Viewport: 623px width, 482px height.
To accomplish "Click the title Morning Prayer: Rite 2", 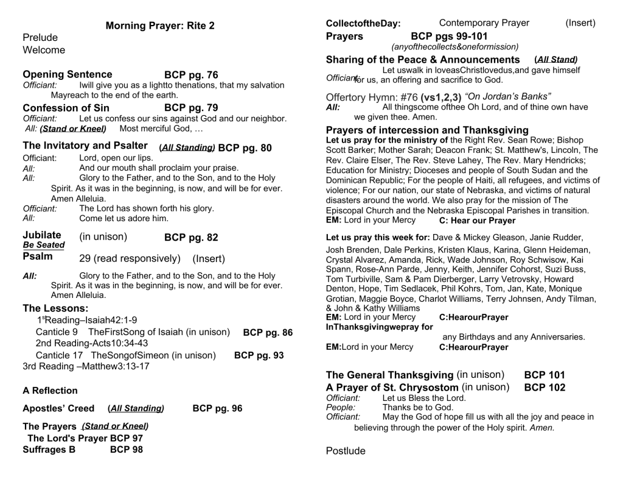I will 160,26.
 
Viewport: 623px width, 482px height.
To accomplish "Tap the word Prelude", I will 40,38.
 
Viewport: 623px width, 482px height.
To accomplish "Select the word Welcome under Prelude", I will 44,50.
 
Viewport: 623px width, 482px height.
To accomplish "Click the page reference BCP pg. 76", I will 191,75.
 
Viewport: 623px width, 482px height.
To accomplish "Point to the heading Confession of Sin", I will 66,108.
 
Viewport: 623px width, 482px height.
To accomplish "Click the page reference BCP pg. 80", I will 245,148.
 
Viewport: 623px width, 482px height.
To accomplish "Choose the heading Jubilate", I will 42,235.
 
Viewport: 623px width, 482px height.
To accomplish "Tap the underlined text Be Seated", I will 43,245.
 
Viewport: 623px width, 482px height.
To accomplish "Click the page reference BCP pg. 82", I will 191,237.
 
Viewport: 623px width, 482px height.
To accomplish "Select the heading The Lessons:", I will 55,308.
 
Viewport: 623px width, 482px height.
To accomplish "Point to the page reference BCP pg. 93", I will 259,355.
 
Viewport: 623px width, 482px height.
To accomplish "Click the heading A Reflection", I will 50,391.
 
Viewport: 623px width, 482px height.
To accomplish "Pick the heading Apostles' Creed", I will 58,408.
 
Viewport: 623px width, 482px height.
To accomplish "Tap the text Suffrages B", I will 49,450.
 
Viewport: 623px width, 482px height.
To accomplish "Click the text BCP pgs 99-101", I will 449,36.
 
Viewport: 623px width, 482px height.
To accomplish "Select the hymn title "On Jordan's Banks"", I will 507,97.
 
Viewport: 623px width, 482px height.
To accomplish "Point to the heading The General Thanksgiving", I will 389,375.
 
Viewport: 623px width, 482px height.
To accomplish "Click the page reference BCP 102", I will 545,388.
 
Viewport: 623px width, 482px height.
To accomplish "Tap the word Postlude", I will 346,451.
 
